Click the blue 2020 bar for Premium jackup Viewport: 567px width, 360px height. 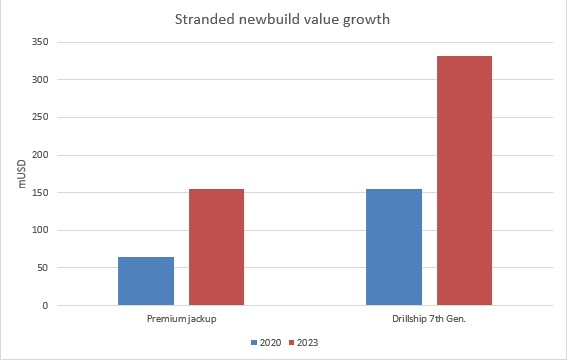click(x=146, y=281)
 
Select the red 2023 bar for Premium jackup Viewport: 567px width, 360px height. click(x=216, y=247)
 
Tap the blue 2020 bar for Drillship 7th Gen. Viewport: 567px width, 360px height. click(x=394, y=247)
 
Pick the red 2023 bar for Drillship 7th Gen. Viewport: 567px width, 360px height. click(x=464, y=181)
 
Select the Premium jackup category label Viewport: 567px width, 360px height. click(x=181, y=319)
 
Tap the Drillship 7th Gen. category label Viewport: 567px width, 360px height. click(x=429, y=319)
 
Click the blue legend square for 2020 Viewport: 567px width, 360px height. click(x=254, y=342)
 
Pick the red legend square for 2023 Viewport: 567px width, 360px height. click(x=291, y=342)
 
